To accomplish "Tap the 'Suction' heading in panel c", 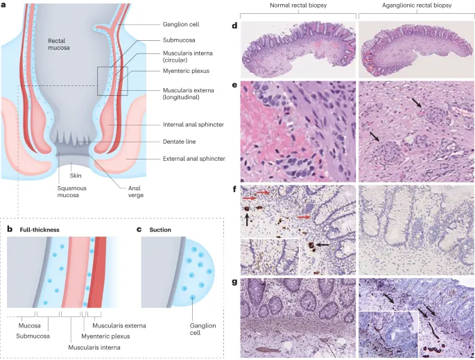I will (x=161, y=228).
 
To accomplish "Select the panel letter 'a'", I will (x=5, y=5).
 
